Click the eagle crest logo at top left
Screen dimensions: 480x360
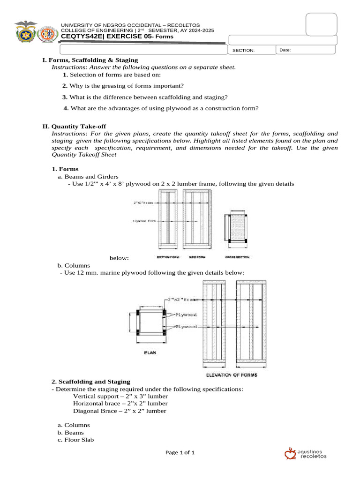coord(25,31)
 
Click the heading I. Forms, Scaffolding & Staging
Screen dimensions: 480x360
coord(90,60)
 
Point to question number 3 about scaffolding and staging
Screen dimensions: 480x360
coord(145,97)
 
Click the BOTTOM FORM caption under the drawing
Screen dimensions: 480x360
coord(167,257)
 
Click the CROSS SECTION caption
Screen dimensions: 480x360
coord(237,257)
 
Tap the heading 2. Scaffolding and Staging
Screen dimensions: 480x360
coord(90,382)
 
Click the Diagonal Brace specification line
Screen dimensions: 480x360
coord(120,411)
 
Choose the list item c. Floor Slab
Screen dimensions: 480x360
coord(75,440)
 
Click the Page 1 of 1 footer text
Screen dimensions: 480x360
coord(180,452)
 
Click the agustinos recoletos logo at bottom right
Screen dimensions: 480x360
coord(306,453)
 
